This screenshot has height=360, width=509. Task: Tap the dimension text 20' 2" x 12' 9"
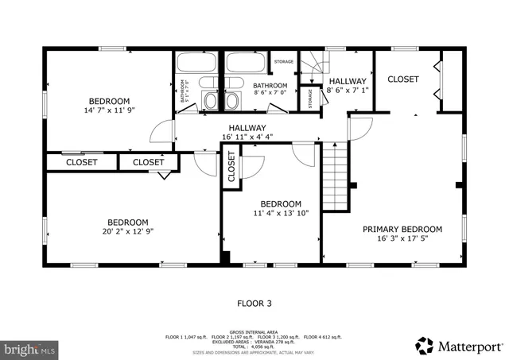pyautogui.click(x=128, y=232)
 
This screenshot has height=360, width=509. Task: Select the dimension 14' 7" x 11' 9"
pyautogui.click(x=109, y=111)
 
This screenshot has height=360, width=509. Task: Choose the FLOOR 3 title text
pyautogui.click(x=254, y=303)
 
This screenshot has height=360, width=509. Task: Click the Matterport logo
pyautogui.click(x=460, y=346)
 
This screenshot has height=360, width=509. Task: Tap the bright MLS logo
pyautogui.click(x=30, y=348)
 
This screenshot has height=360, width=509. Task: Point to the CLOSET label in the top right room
pyautogui.click(x=403, y=79)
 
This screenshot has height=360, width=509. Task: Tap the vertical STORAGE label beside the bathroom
pyautogui.click(x=310, y=98)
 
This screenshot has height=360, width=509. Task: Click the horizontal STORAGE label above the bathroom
pyautogui.click(x=284, y=62)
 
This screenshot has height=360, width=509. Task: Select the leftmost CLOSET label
pyautogui.click(x=81, y=162)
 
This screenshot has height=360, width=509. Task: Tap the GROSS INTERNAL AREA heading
pyautogui.click(x=254, y=331)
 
